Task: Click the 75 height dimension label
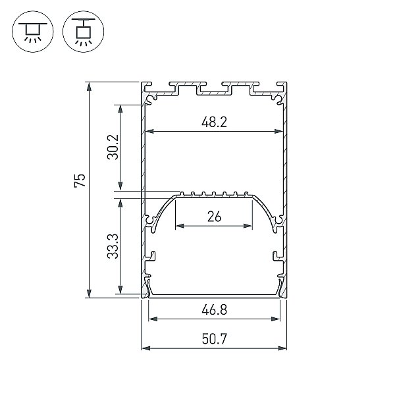pos(80,180)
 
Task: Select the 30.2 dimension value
pos(113,147)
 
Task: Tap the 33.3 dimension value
pos(113,246)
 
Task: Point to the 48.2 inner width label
pos(214,122)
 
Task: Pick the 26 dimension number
pos(215,217)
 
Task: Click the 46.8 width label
pos(215,310)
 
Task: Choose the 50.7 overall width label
pos(215,339)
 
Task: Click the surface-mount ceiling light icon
pos(33,32)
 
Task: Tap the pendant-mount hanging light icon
pos(84,32)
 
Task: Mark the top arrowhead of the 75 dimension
pos(89,86)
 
